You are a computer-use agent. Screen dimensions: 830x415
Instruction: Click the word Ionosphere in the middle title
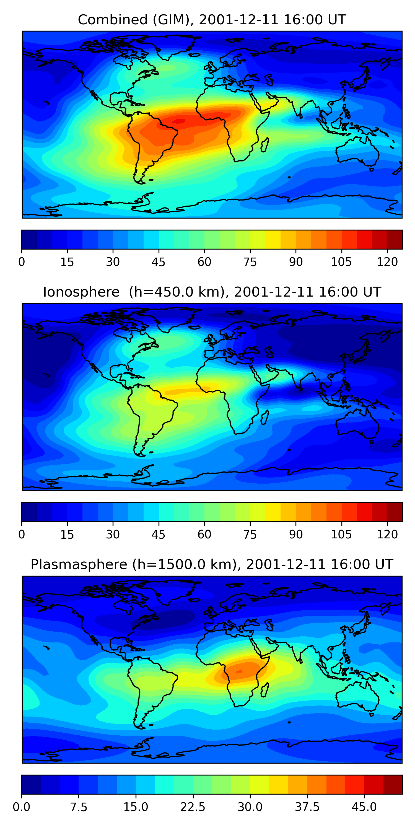(81, 292)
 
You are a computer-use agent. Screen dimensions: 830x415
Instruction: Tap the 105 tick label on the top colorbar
(341, 262)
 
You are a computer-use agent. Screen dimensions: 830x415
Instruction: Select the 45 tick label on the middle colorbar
(158, 534)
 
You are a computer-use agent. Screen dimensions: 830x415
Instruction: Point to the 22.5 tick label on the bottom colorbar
(193, 807)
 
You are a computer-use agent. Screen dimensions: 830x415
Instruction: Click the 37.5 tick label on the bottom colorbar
(307, 807)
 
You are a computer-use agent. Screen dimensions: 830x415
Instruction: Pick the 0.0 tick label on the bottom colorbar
(22, 807)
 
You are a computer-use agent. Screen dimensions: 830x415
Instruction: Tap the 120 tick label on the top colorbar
(387, 262)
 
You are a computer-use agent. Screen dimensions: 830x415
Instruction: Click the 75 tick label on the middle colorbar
(250, 534)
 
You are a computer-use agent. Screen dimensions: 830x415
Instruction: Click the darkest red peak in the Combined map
(179, 121)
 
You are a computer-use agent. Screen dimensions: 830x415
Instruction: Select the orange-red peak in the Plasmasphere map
(239, 671)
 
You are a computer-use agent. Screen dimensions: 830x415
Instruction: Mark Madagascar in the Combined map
(265, 145)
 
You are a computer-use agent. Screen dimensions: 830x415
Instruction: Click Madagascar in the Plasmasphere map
(265, 689)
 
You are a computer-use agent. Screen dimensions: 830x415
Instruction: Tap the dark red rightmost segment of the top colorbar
(395, 239)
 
